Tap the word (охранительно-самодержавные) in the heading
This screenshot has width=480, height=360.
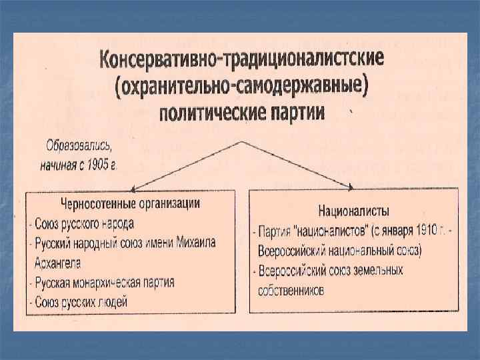tap(241, 87)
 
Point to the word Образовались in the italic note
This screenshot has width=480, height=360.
tap(75, 145)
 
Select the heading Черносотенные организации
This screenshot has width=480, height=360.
tap(131, 201)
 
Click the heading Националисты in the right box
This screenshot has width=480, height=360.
tap(354, 211)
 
